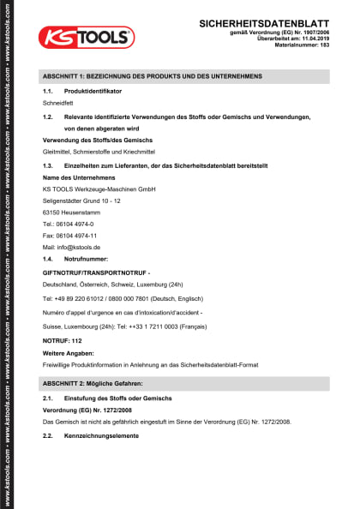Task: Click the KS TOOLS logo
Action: pyautogui.click(x=85, y=35)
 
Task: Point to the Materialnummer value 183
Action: pyautogui.click(x=324, y=45)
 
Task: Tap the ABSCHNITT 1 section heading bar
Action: pyautogui.click(x=185, y=76)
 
